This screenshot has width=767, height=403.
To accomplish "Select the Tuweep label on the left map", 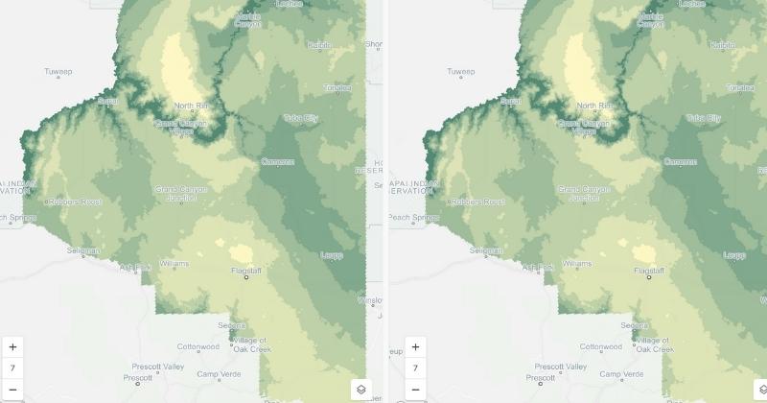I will click(x=58, y=72).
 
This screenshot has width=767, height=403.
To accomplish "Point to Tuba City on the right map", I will click(x=703, y=118).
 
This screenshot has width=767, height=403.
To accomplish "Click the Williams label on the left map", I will click(x=174, y=262).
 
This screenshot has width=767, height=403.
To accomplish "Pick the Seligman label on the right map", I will click(x=486, y=250).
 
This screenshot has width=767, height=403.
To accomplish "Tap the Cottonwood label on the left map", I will click(x=198, y=346).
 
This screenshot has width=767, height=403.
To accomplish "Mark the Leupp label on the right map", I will click(x=734, y=254).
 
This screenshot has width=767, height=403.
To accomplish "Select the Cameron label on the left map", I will click(x=277, y=161).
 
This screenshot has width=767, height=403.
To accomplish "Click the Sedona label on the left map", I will click(x=231, y=325).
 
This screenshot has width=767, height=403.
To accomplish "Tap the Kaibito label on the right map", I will click(x=721, y=45).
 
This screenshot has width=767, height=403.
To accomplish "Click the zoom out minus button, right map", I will click(x=415, y=389).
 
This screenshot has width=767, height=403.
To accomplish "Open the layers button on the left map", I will click(x=361, y=389).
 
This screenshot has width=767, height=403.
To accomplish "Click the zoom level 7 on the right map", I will click(x=415, y=367).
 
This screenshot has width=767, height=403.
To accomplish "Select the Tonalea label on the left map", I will click(x=336, y=87).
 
